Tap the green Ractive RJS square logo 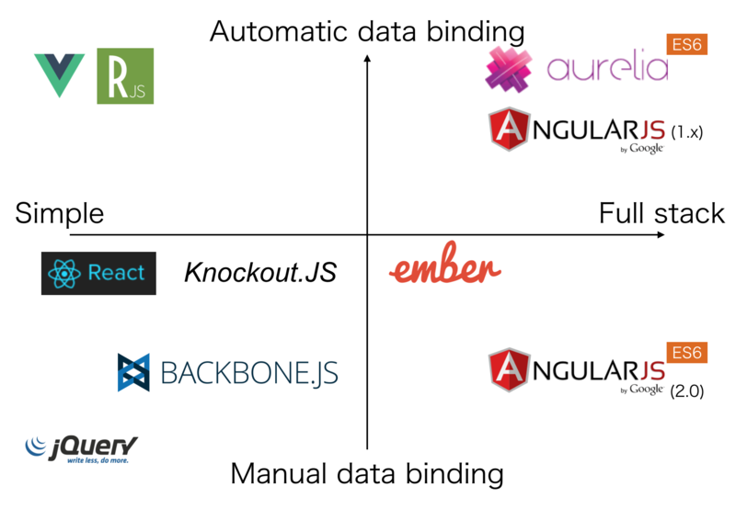[x=125, y=76]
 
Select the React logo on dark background [x=98, y=273]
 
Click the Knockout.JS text [x=260, y=273]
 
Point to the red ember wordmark [x=445, y=269]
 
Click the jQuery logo [x=82, y=448]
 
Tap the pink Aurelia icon [x=509, y=70]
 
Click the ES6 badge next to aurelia [x=685, y=45]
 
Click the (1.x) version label [x=686, y=132]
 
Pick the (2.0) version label [x=686, y=391]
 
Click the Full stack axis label [x=661, y=214]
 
